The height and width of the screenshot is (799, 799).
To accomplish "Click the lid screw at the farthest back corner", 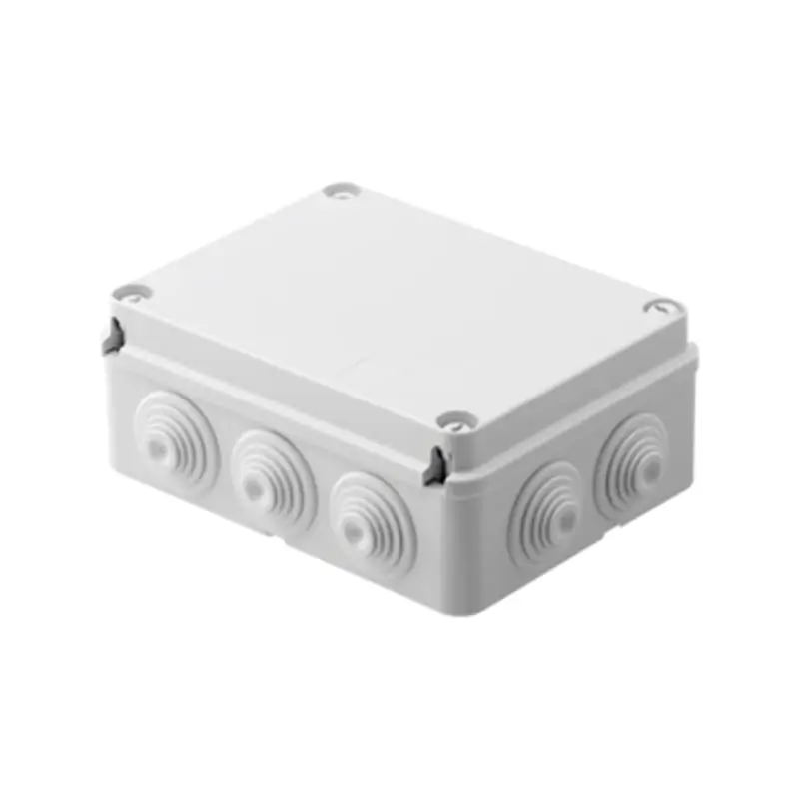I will [341, 190].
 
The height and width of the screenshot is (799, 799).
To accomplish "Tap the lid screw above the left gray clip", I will [131, 293].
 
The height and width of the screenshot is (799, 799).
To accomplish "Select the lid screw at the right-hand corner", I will [662, 307].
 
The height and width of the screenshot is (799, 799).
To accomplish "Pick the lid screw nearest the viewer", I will [454, 421].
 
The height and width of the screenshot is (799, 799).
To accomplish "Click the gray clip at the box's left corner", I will [114, 336].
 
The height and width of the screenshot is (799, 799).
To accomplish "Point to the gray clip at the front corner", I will [435, 467].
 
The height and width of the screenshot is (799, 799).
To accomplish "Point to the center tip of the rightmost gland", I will [649, 468].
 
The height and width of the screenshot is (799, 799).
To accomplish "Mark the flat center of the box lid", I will [399, 300].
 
